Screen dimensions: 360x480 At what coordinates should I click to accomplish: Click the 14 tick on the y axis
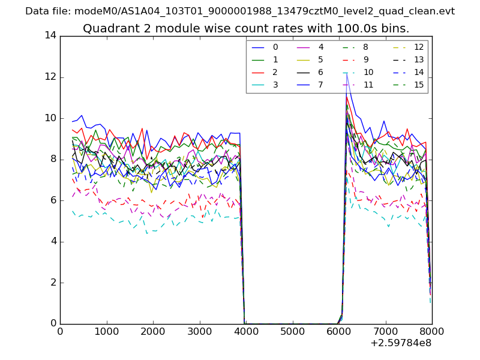(50, 35)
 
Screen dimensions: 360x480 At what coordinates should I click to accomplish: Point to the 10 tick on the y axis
(50, 118)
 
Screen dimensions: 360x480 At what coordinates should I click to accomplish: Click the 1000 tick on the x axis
(106, 331)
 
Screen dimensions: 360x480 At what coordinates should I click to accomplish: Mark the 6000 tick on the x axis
(339, 331)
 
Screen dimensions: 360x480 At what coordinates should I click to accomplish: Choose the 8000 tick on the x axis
(432, 331)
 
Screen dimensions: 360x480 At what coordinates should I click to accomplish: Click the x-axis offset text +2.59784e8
(401, 343)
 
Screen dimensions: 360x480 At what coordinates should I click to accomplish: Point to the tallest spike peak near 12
(347, 73)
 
